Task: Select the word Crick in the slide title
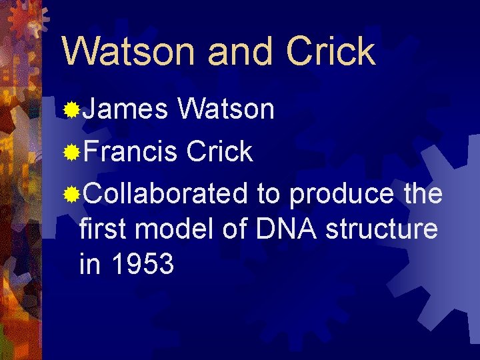[329, 51]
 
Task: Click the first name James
[125, 109]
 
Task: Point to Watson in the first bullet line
[226, 109]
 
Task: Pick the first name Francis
[131, 151]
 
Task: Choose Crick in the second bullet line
[219, 151]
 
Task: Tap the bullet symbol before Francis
[71, 153]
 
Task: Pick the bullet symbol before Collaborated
[71, 195]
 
